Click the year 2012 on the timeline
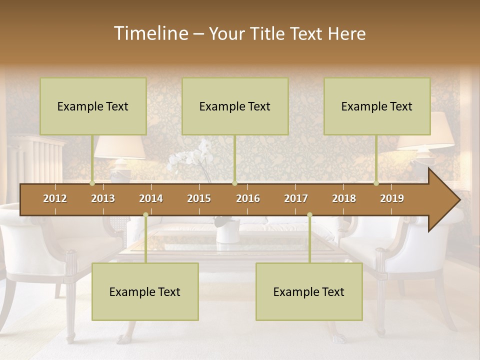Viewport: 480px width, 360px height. pos(55,198)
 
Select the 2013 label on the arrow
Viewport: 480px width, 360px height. pos(103,198)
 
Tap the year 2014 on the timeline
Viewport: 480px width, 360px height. pos(151,198)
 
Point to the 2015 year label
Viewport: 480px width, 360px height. pos(199,198)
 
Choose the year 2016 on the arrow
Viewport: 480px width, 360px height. pos(248,198)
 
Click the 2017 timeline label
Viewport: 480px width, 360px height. pos(296,198)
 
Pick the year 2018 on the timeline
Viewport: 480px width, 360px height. pos(344,198)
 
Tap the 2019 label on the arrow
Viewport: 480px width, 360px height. pos(392,198)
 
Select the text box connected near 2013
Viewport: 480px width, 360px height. pos(93,106)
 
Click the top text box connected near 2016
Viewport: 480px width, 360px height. pos(235,106)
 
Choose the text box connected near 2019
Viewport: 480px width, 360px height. pos(377,106)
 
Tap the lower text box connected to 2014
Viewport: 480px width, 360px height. pos(145,291)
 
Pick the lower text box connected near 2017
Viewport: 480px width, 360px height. pos(309,291)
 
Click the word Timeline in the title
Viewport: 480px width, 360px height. pos(150,33)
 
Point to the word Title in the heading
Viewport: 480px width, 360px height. pos(268,33)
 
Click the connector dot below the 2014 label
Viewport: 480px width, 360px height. pos(145,214)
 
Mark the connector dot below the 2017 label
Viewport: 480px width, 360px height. pos(309,214)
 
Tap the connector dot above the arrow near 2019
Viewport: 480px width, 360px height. pos(376,183)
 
